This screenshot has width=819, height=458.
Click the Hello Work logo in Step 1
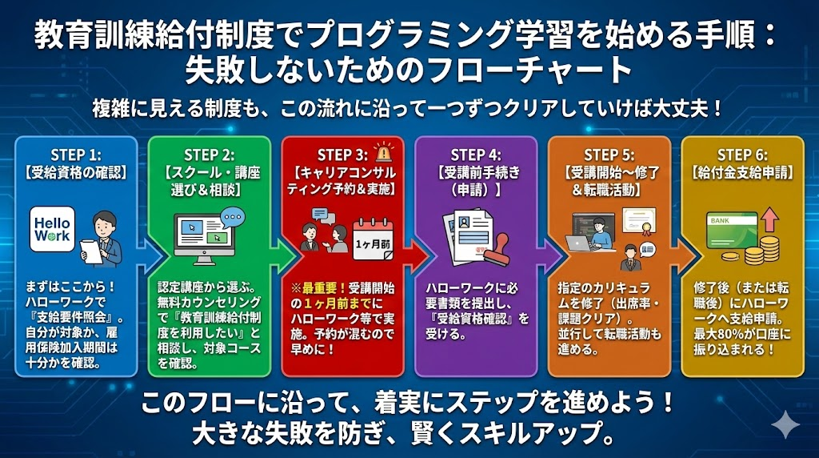52,227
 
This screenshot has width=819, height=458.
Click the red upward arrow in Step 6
769,220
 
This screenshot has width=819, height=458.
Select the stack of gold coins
764,249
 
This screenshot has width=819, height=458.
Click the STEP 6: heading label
743,155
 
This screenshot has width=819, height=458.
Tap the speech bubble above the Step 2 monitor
233,217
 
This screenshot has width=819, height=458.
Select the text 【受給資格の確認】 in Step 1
76,171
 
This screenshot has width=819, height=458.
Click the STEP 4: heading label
476,155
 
